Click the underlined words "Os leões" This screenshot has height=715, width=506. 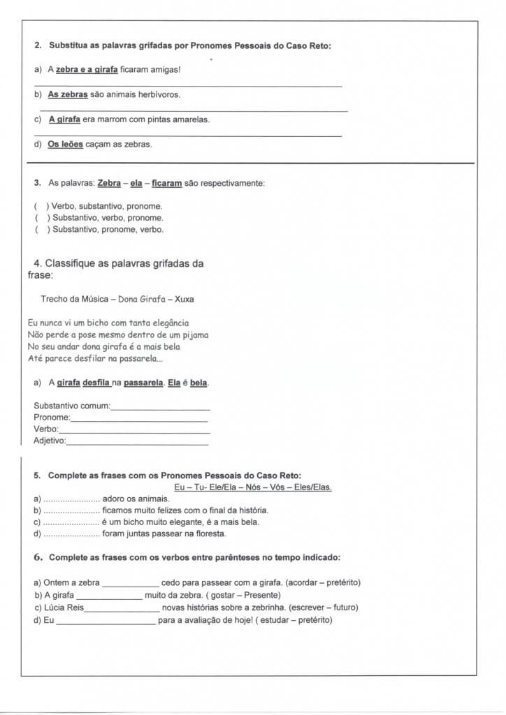[65, 145]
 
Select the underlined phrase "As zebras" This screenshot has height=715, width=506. [68, 94]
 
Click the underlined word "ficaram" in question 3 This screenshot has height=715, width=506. [166, 183]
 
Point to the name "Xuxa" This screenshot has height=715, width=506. [185, 299]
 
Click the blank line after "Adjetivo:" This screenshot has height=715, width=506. [137, 442]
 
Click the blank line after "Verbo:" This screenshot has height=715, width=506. [133, 430]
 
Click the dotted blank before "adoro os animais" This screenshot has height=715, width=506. [71, 499]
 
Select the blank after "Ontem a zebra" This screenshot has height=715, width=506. [130, 583]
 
